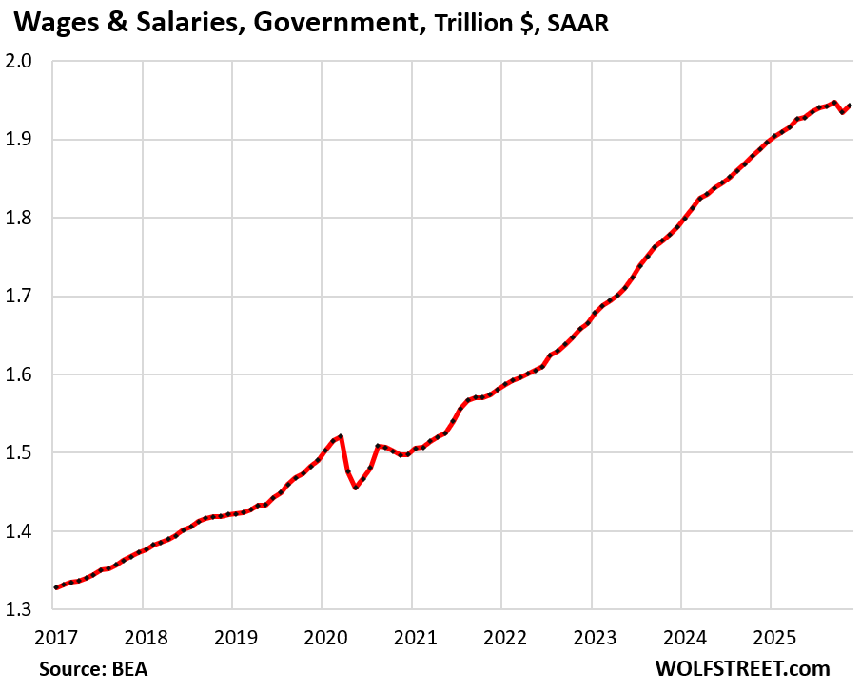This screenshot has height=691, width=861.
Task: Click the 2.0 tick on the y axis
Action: tap(23, 62)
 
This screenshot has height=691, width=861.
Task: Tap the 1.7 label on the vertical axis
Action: tap(23, 297)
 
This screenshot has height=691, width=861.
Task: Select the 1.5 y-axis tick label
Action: tap(23, 452)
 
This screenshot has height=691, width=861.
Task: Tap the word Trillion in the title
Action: tap(474, 23)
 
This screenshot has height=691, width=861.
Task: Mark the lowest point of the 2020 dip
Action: tap(356, 488)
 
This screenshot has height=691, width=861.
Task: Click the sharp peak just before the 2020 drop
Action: tap(341, 436)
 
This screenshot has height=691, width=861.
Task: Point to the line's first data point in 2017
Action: tap(56, 587)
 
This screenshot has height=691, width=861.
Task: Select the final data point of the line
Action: tap(851, 105)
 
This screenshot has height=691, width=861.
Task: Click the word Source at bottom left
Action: tap(69, 668)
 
